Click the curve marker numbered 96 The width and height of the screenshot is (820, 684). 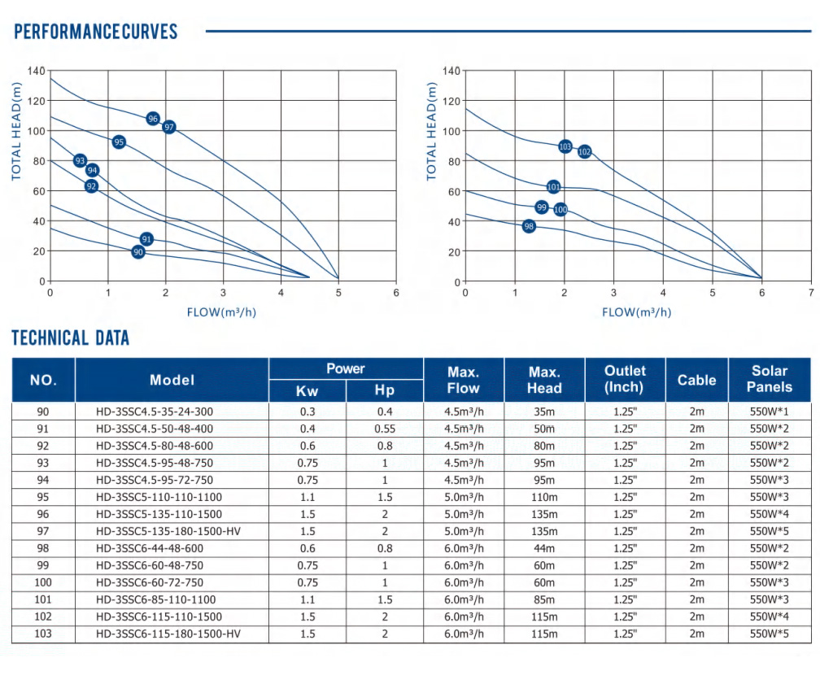pos(153,119)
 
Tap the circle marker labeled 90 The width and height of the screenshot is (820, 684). pos(138,252)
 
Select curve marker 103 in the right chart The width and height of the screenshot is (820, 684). pos(565,146)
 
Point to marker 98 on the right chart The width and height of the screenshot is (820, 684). pos(529,226)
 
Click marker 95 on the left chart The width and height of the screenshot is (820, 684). pos(120,142)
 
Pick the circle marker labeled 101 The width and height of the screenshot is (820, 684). pos(553,187)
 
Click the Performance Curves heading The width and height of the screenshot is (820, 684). pos(96,32)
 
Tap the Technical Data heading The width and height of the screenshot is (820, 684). pos(71,338)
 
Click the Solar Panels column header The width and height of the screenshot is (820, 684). pos(769,379)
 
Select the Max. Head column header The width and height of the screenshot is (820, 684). pos(543,379)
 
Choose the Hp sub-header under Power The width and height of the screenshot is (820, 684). pos(384,390)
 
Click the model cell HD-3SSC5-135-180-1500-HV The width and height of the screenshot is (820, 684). pos(169,531)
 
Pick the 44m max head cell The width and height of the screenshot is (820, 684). pos(543,548)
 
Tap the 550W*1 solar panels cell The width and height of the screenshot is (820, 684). pos(769,412)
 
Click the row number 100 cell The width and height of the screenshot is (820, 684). pos(43,582)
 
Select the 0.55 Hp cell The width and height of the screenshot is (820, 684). pos(384,429)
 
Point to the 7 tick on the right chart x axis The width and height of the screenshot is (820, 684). pos(810,293)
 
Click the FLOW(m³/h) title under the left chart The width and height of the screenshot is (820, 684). pos(222,312)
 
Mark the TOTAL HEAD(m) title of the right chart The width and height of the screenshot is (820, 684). pos(431,132)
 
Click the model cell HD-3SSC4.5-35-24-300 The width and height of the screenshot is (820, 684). pos(169,412)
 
